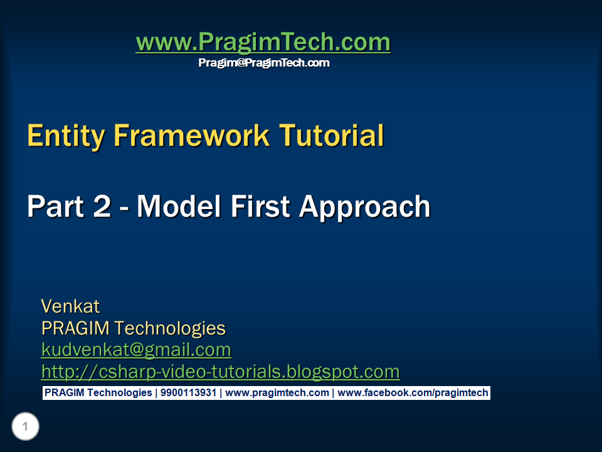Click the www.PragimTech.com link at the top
(x=263, y=42)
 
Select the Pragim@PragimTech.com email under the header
(x=264, y=63)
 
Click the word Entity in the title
(x=66, y=136)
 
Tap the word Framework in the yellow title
(x=191, y=136)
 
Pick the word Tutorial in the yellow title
(x=331, y=136)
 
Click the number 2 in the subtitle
(x=102, y=207)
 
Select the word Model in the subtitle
(x=179, y=207)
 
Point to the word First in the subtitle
(x=260, y=207)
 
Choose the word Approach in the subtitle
(x=365, y=208)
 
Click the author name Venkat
(x=70, y=306)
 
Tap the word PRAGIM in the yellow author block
(x=75, y=328)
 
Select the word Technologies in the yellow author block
(x=170, y=329)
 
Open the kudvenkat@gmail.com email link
(x=136, y=350)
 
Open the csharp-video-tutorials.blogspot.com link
(x=220, y=372)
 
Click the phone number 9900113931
(x=189, y=393)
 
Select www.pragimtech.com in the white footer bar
(x=277, y=393)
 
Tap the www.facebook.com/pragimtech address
(x=413, y=393)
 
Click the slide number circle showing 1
(x=25, y=426)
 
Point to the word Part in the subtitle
(x=55, y=207)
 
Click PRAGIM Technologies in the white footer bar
(x=98, y=393)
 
